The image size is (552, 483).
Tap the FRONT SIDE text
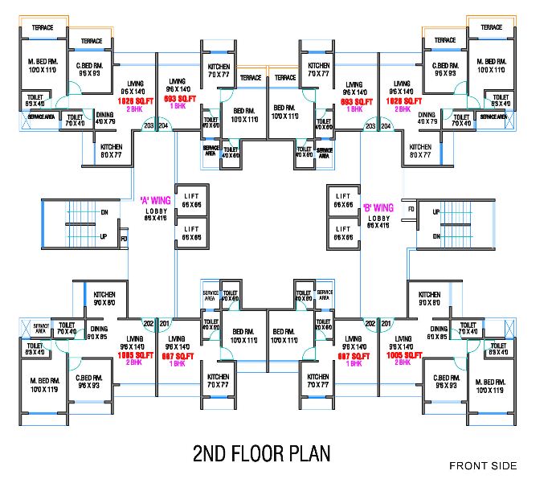[483, 465]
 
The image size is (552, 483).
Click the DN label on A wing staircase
[104, 212]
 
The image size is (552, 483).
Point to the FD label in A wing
[124, 239]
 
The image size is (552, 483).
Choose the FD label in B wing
[411, 209]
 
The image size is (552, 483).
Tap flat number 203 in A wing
[149, 126]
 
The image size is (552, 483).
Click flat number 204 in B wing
[385, 126]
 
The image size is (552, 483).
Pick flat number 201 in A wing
[165, 323]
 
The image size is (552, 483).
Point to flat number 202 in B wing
[370, 323]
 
